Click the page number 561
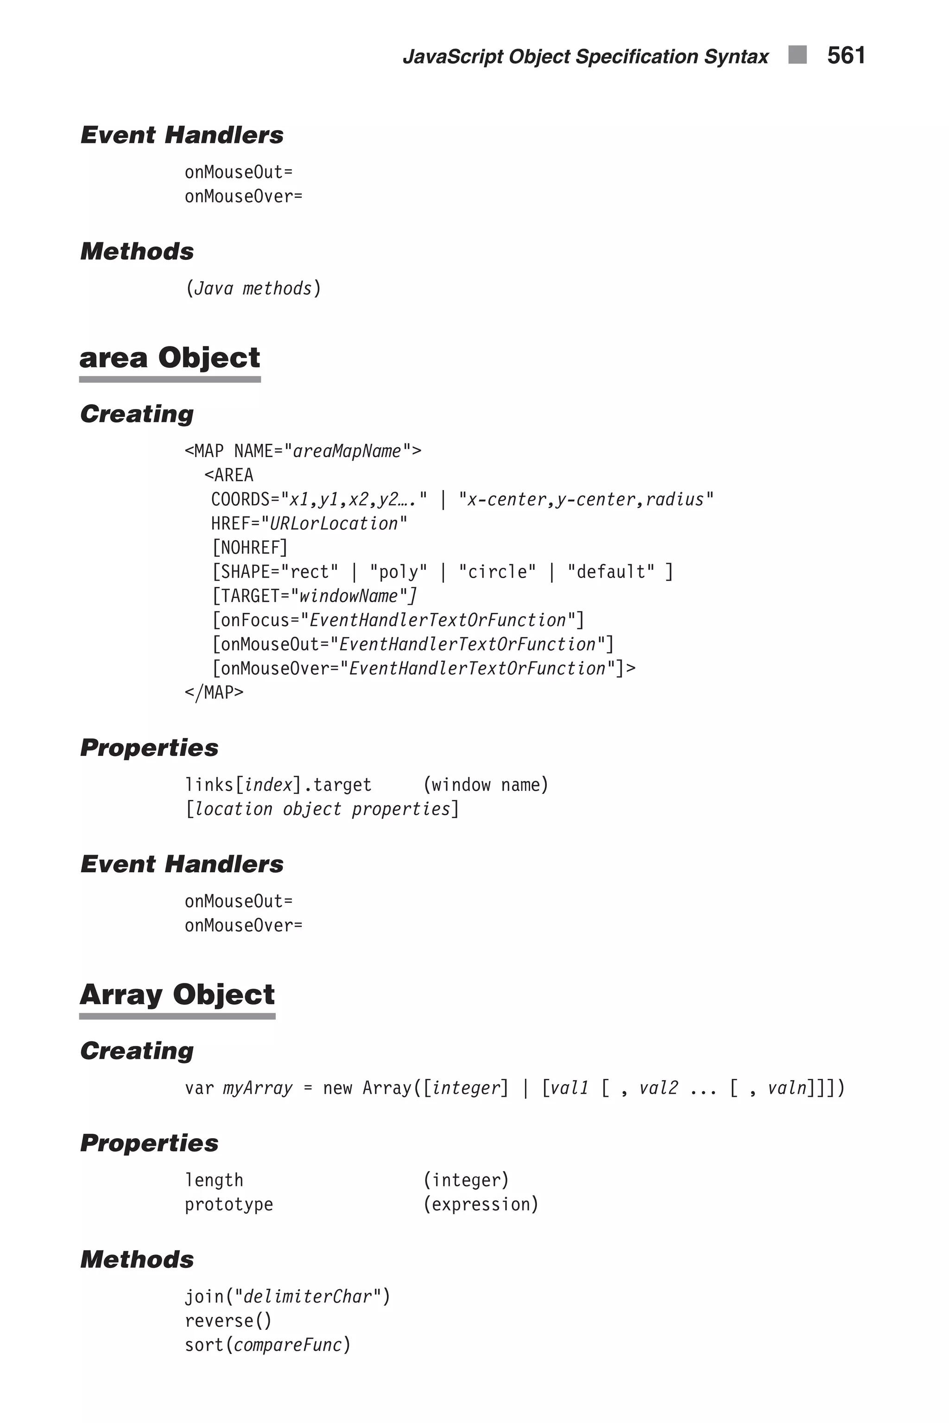click(846, 56)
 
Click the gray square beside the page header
click(797, 55)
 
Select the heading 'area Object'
click(170, 358)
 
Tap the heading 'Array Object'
click(177, 995)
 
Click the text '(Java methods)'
click(253, 288)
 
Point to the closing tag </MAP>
click(214, 692)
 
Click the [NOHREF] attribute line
click(249, 548)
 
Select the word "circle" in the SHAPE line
click(497, 572)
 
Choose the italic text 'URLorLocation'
click(334, 523)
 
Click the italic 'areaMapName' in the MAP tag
click(347, 451)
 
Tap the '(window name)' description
click(486, 785)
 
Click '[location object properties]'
click(322, 809)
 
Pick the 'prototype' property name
click(229, 1204)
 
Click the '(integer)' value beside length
click(466, 1180)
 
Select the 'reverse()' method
click(228, 1320)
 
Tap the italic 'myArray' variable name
click(258, 1088)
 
